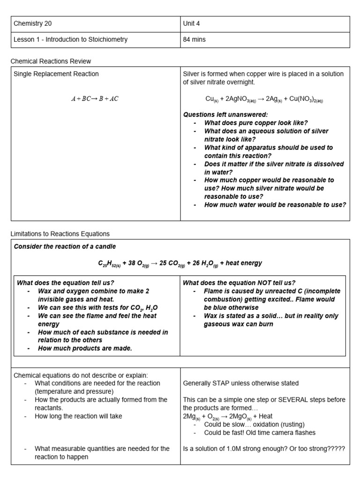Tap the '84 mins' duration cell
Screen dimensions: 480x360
pyautogui.click(x=194, y=40)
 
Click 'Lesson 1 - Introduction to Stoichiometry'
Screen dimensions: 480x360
pyautogui.click(x=70, y=40)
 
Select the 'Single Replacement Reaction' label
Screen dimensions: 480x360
pyautogui.click(x=56, y=74)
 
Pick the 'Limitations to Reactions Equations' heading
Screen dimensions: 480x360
pyautogui.click(x=60, y=234)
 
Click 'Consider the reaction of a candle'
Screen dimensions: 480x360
pyautogui.click(x=65, y=247)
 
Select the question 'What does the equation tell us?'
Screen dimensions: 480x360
pyautogui.click(x=66, y=283)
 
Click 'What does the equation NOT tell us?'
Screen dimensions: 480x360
pyautogui.click(x=239, y=283)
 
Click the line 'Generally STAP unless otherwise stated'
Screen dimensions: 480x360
pyautogui.click(x=240, y=383)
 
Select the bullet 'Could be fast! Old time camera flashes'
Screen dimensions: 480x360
pyautogui.click(x=260, y=433)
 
